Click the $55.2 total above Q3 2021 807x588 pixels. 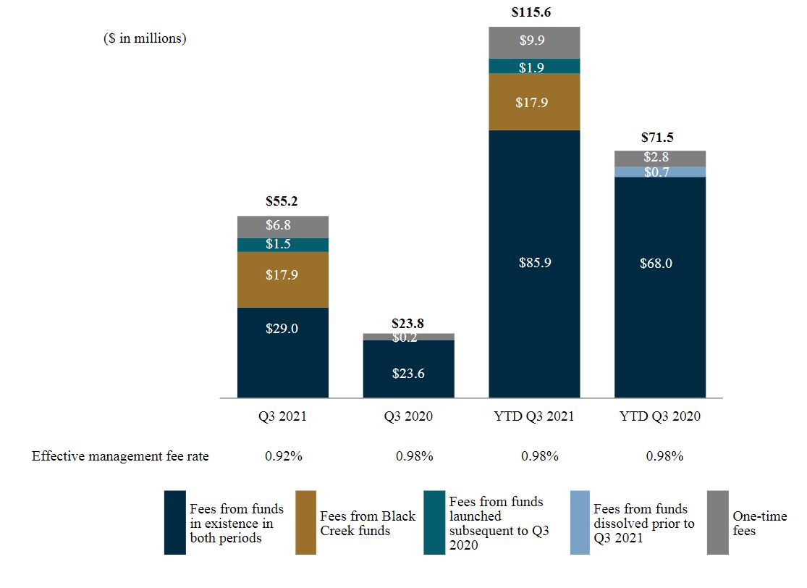(x=282, y=202)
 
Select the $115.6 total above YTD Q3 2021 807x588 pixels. (x=534, y=12)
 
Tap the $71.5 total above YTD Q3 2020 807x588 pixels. (x=659, y=138)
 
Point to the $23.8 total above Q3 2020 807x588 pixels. (x=408, y=323)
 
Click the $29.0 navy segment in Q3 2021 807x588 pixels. (x=282, y=352)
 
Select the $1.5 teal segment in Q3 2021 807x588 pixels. (x=282, y=245)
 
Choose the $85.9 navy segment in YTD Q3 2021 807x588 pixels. (x=534, y=264)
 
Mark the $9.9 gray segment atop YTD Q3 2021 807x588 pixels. (x=534, y=42)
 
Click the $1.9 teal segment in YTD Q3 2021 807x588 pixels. (x=534, y=67)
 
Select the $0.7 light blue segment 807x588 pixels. (x=659, y=172)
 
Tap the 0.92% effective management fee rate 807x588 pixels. (x=283, y=456)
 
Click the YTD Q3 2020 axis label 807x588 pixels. (x=659, y=416)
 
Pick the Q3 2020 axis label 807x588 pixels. (x=408, y=416)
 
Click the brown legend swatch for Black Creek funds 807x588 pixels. (x=306, y=523)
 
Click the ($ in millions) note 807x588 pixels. (x=145, y=38)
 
